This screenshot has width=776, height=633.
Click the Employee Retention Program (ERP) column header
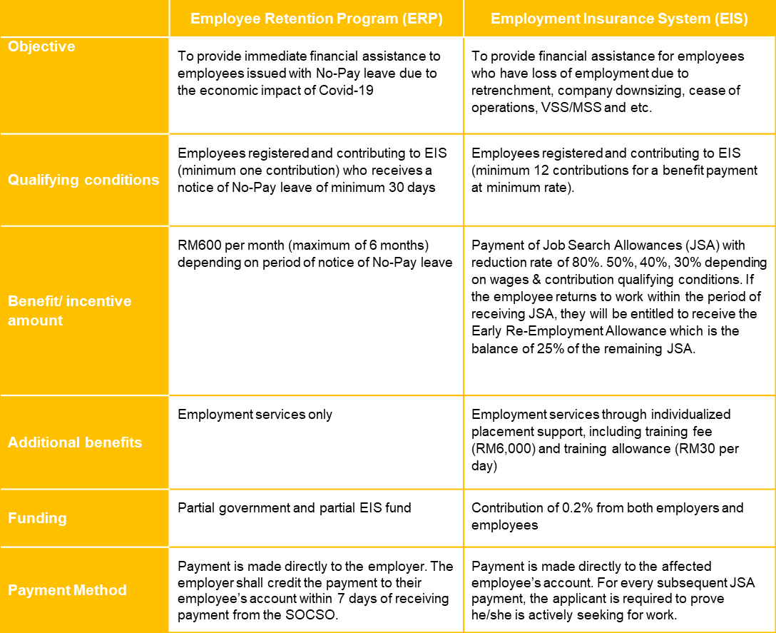pos(317,19)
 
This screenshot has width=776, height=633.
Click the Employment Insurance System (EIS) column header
pos(619,19)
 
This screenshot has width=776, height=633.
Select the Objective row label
pos(41,47)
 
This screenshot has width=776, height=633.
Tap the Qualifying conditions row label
pos(83,180)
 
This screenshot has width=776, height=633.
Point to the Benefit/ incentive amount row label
pos(69,310)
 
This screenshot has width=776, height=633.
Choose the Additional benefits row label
pos(75,442)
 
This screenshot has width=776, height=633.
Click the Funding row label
pos(37,518)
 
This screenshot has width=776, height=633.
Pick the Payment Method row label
pos(67,590)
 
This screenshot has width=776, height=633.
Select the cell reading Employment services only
pos(255,415)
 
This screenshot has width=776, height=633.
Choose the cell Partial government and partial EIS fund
pos(294,508)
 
